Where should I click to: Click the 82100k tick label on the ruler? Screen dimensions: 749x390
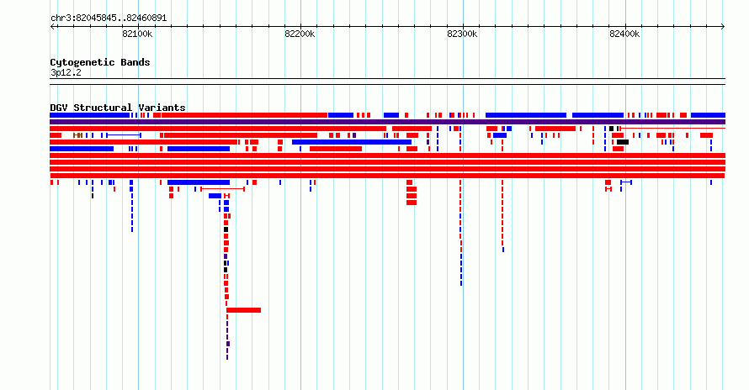click(x=137, y=34)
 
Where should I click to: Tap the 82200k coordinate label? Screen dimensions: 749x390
click(x=300, y=34)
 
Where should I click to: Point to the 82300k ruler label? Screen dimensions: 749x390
click(x=462, y=34)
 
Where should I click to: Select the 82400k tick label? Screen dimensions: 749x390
click(x=624, y=34)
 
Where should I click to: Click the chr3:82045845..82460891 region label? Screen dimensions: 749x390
click(x=109, y=18)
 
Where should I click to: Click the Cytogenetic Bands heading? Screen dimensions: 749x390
click(x=100, y=62)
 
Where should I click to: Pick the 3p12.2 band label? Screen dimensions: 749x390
click(x=66, y=72)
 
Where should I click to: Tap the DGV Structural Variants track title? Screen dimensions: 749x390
click(x=118, y=108)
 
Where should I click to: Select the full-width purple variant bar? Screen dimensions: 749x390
click(x=387, y=122)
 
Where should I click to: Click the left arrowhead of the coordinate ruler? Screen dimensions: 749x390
click(x=51, y=27)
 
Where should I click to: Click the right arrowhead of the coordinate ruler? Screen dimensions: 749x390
click(x=723, y=27)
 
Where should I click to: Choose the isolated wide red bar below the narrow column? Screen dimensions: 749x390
click(x=243, y=310)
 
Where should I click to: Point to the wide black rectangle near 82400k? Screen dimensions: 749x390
click(x=623, y=142)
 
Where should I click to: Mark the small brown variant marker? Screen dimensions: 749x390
click(x=78, y=135)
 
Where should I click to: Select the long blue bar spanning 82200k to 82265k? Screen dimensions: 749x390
click(x=352, y=142)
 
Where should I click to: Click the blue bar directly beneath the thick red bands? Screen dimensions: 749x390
click(x=199, y=182)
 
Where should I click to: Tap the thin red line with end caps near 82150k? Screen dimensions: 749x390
click(x=223, y=189)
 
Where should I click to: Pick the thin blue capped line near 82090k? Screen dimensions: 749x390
click(x=123, y=135)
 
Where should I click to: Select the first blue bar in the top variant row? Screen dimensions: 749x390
click(x=89, y=115)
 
